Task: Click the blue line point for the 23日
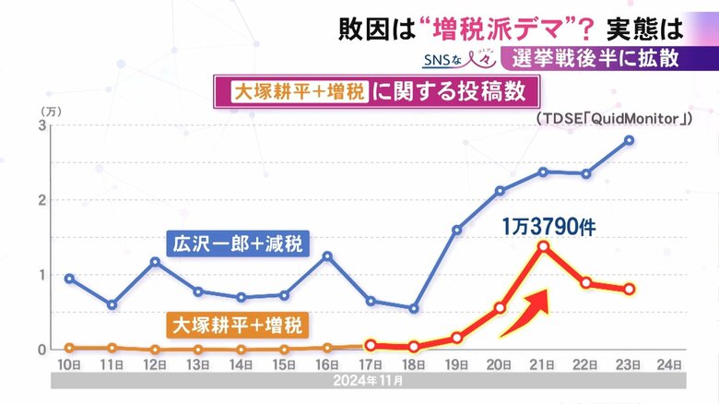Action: click(629, 140)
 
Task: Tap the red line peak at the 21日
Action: click(543, 246)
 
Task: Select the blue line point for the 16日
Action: click(327, 255)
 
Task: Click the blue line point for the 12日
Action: click(155, 261)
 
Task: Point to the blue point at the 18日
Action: click(414, 308)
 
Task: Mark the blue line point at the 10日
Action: click(69, 279)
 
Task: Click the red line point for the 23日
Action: click(629, 289)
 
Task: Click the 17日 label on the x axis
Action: click(371, 364)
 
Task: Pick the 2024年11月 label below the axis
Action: click(370, 380)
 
